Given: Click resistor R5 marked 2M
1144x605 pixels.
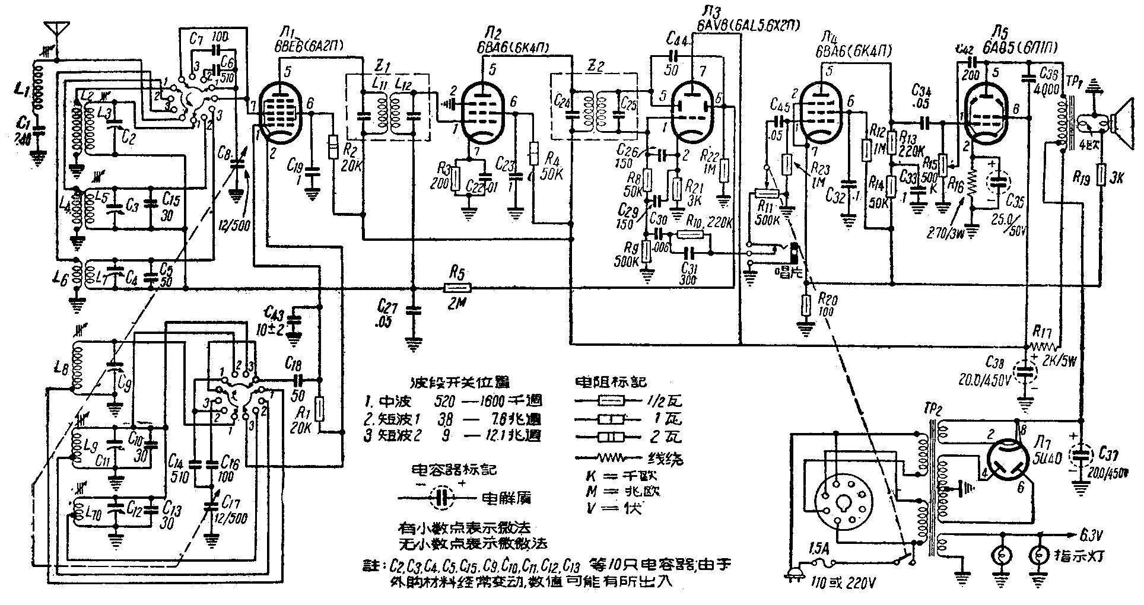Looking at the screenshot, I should (457, 289).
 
